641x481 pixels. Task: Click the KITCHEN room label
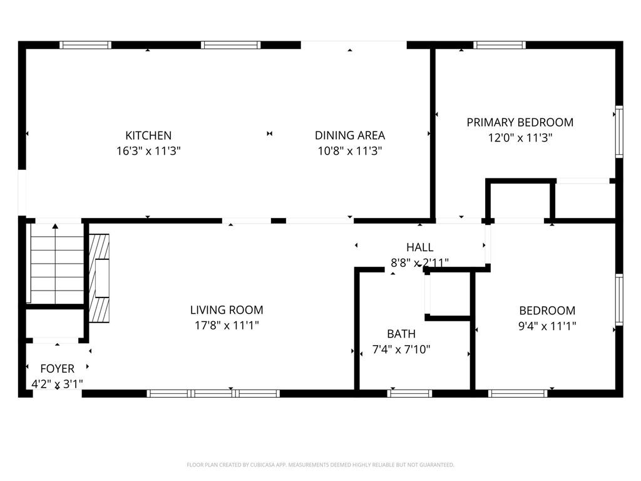(148, 135)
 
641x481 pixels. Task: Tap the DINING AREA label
(349, 135)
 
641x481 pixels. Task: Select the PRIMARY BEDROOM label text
(520, 122)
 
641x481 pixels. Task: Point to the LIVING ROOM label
(227, 310)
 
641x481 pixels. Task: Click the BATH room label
(401, 334)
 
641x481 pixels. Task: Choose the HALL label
(419, 247)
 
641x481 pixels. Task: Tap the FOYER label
(57, 369)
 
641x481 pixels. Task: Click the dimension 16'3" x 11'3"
(148, 151)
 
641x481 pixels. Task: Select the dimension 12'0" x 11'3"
(520, 138)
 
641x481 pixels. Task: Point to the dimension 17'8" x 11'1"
(227, 326)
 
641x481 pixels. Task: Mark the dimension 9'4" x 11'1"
(547, 326)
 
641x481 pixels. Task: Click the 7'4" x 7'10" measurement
(401, 349)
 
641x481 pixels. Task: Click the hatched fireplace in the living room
(99, 277)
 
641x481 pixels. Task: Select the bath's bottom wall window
(409, 393)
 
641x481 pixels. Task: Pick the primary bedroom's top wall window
(499, 44)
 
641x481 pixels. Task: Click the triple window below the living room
(213, 393)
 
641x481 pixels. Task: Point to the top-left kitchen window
(85, 44)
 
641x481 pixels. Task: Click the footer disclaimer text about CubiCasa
(320, 465)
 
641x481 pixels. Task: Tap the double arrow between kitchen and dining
(269, 133)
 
